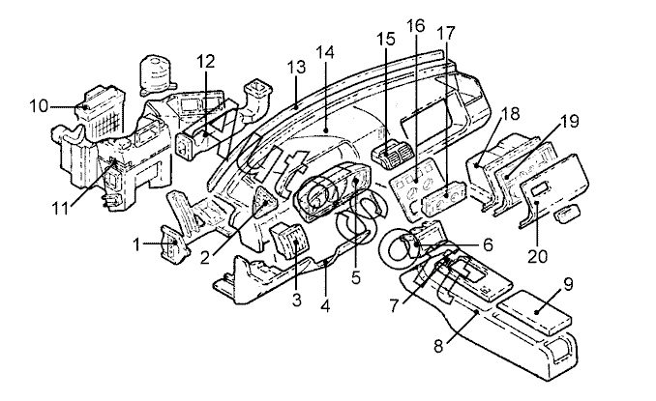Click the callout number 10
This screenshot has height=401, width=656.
pyautogui.click(x=39, y=105)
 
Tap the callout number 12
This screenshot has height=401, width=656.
pyautogui.click(x=205, y=61)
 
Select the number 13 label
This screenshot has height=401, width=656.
pyautogui.click(x=296, y=67)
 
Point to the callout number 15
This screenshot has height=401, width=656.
pyautogui.click(x=386, y=39)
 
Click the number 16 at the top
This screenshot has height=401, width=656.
pyautogui.click(x=415, y=26)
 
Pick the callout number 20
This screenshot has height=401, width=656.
pyautogui.click(x=537, y=256)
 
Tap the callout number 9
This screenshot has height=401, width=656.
pyautogui.click(x=568, y=284)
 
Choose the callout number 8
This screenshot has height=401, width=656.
pyautogui.click(x=438, y=346)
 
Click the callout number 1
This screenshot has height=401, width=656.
pyautogui.click(x=136, y=244)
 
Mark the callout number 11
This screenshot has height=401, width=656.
pyautogui.click(x=60, y=208)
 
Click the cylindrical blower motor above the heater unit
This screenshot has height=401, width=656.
pyautogui.click(x=157, y=75)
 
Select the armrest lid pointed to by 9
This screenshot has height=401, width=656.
pyautogui.click(x=532, y=311)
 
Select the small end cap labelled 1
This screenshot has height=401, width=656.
pyautogui.click(x=175, y=244)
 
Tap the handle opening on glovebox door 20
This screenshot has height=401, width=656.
pyautogui.click(x=538, y=188)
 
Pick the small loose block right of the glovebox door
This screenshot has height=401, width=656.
pyautogui.click(x=566, y=213)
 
